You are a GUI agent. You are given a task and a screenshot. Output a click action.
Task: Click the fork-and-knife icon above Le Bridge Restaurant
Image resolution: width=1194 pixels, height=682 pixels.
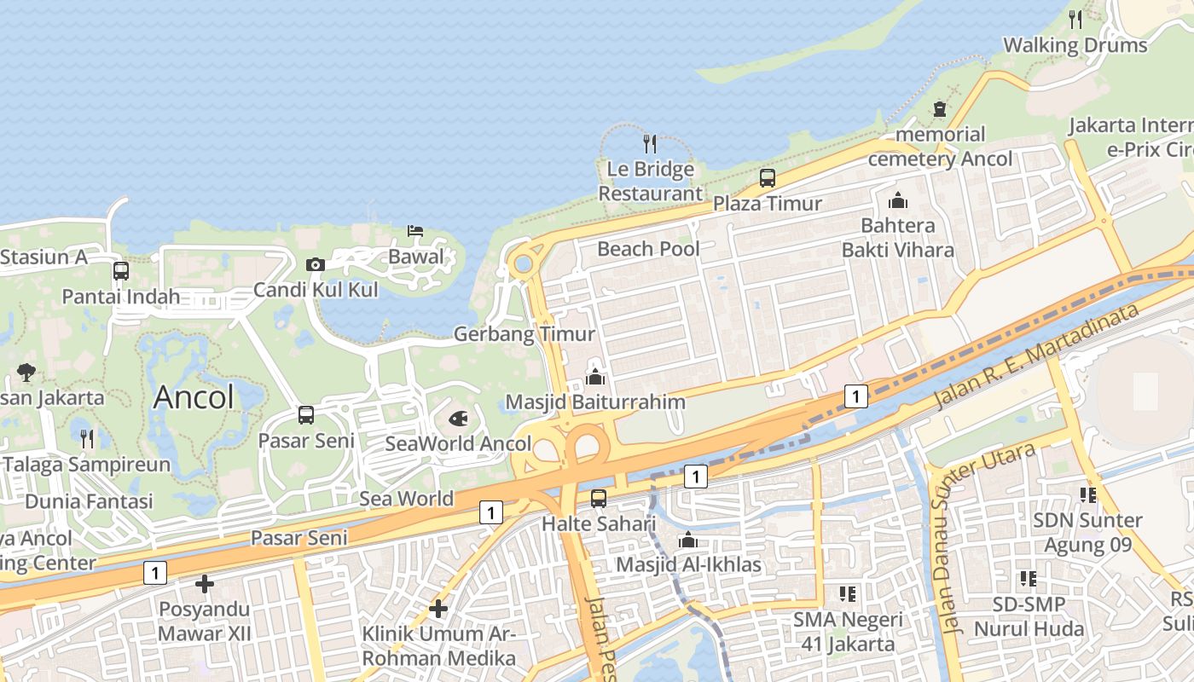click(x=650, y=143)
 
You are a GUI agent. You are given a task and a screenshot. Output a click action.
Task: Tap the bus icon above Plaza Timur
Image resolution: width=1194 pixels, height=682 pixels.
click(x=768, y=178)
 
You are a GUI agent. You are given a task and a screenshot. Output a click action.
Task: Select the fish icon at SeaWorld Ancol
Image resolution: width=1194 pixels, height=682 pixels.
click(x=458, y=419)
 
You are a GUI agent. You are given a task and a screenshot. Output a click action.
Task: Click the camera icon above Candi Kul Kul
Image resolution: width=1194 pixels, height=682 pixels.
click(x=316, y=265)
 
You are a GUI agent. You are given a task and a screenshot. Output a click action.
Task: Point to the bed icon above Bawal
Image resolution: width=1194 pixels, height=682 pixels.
click(x=415, y=231)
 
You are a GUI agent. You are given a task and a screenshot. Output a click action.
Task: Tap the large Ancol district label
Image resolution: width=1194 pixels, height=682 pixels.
click(x=194, y=397)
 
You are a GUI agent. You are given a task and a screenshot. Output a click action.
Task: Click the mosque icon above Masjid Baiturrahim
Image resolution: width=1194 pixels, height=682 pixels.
click(x=595, y=376)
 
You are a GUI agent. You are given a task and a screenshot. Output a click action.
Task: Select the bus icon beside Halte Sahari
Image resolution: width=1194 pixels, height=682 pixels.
click(x=599, y=499)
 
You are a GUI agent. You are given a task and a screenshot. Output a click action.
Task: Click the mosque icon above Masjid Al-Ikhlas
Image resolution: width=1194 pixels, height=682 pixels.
click(x=688, y=540)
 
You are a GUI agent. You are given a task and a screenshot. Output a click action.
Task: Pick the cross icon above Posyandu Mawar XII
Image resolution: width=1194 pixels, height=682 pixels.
click(x=205, y=584)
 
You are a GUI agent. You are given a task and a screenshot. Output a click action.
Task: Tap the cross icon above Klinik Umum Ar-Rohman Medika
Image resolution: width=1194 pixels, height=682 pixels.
click(x=438, y=609)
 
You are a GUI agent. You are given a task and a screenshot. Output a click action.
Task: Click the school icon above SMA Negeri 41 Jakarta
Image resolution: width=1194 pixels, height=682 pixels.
click(x=847, y=593)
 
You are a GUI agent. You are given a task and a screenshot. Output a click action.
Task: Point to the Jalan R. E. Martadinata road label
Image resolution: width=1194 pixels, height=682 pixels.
click(x=1036, y=355)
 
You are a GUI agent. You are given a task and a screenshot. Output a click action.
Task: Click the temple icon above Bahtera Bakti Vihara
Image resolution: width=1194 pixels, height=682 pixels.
click(x=897, y=201)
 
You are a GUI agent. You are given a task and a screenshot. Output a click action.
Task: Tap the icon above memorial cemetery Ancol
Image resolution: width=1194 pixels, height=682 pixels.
click(x=940, y=109)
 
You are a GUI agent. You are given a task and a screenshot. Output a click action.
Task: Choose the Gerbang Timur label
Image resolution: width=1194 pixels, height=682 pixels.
click(x=524, y=334)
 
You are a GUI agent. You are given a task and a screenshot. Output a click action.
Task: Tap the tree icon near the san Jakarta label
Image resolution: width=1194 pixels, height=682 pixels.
click(x=26, y=373)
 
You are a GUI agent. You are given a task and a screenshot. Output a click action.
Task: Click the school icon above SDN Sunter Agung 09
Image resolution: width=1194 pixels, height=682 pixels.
click(x=1087, y=494)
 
